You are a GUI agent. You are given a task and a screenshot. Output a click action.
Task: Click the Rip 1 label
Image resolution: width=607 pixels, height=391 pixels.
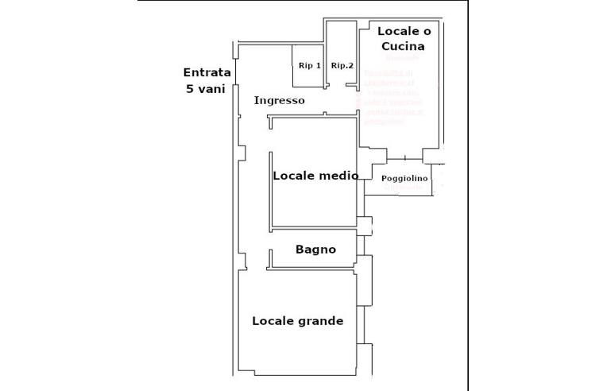point(309,66)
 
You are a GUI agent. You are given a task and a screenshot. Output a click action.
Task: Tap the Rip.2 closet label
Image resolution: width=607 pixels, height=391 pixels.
point(342,66)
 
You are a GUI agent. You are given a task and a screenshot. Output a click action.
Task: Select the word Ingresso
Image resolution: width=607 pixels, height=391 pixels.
point(279,101)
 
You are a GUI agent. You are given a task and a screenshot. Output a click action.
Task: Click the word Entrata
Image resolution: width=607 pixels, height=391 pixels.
point(207,72)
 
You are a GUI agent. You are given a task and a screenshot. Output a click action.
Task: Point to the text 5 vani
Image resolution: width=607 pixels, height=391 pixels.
point(206,89)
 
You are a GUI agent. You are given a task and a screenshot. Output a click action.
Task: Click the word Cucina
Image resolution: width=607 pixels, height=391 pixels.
point(404,46)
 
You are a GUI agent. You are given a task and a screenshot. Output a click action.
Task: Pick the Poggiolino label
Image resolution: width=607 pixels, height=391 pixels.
point(404,179)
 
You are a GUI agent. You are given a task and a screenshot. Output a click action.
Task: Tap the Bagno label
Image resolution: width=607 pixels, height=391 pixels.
point(315,250)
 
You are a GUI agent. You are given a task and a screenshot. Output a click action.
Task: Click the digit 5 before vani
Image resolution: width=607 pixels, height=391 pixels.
point(190,89)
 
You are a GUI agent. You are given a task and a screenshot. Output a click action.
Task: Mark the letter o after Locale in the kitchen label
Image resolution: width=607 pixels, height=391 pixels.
point(427,31)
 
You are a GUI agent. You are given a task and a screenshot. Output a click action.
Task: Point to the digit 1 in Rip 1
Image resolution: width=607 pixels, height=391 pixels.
point(318,66)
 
